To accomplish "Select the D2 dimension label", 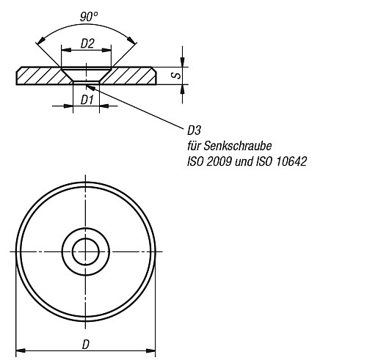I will coord(87,45).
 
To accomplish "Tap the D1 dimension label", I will coord(86,98).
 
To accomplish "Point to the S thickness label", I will coord(171,75).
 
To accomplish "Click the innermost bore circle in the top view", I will coord(86,251).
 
